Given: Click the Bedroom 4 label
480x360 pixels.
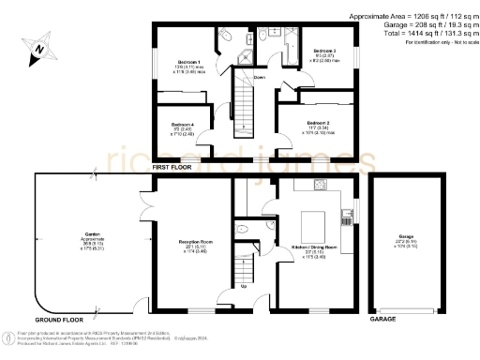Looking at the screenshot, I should coord(183,124).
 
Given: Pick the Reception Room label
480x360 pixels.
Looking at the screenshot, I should coord(192,241).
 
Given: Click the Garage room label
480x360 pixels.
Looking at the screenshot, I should coord(405,235).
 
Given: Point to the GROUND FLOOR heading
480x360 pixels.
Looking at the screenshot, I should coord(60,320).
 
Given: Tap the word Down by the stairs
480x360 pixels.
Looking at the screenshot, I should coord(259,77).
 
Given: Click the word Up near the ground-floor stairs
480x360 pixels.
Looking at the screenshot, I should coord(246,285).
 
